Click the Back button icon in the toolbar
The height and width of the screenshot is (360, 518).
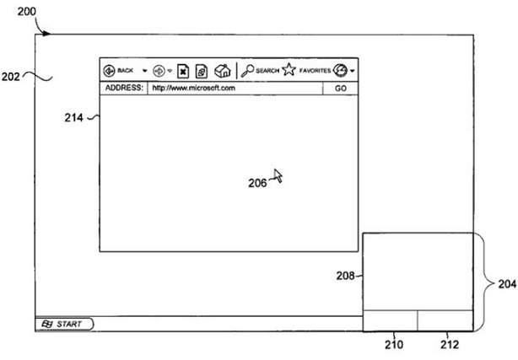pyautogui.click(x=109, y=70)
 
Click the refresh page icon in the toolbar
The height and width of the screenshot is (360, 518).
pyautogui.click(x=202, y=71)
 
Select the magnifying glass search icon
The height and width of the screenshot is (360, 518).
pyautogui.click(x=246, y=70)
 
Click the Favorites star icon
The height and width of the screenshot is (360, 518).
pyautogui.click(x=289, y=70)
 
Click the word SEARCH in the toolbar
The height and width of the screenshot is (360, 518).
pyautogui.click(x=267, y=71)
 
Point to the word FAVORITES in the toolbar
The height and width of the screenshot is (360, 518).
pyautogui.click(x=315, y=71)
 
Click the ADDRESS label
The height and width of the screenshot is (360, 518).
pyautogui.click(x=123, y=88)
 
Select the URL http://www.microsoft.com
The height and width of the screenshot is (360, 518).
pyautogui.click(x=193, y=88)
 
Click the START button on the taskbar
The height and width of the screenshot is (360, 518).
pyautogui.click(x=65, y=323)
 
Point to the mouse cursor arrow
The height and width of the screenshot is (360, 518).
pyautogui.click(x=278, y=176)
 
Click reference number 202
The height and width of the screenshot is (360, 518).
pyautogui.click(x=10, y=76)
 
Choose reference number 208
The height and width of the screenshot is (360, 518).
pyautogui.click(x=343, y=275)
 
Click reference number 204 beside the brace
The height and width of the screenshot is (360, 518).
pyautogui.click(x=506, y=284)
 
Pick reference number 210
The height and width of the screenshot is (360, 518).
pyautogui.click(x=393, y=343)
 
